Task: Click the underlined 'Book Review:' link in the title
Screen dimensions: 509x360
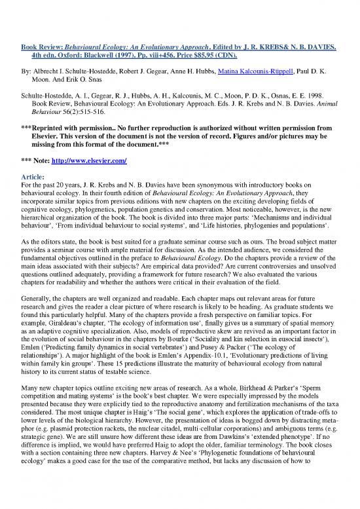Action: point(41,48)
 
